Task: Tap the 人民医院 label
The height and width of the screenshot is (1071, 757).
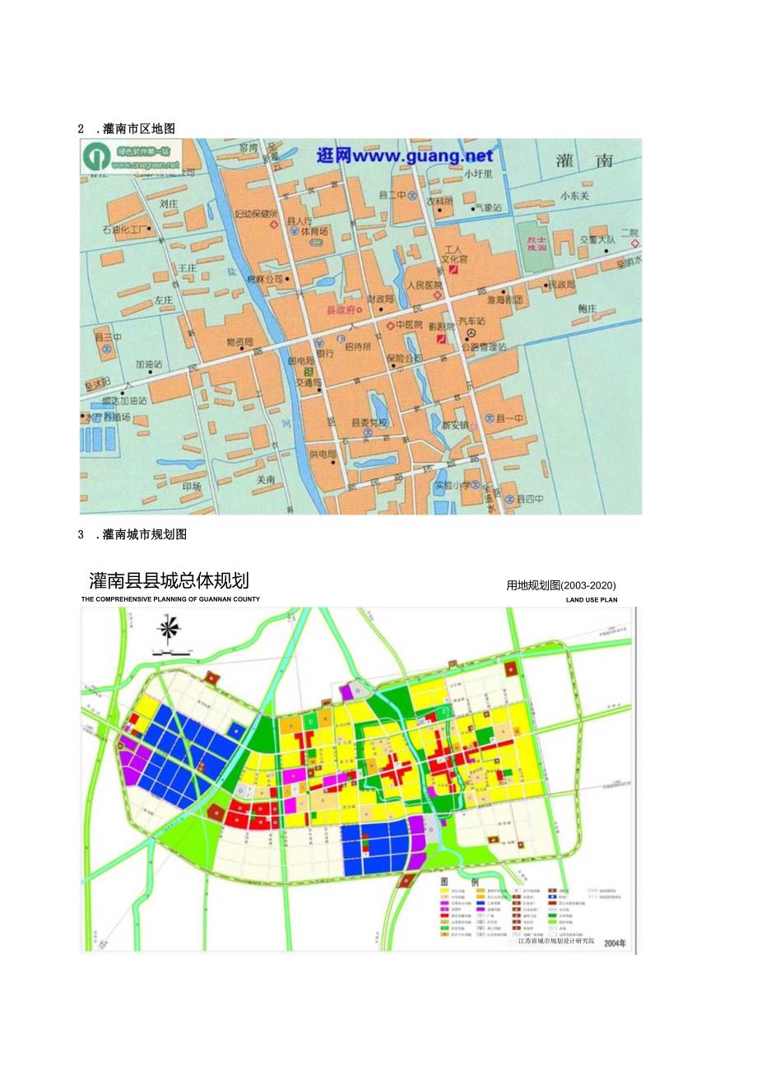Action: (x=425, y=286)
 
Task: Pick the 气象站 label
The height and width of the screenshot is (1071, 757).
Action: (x=488, y=208)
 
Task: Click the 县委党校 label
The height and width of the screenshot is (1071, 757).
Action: (x=369, y=422)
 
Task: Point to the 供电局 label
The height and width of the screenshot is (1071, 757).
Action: (x=323, y=454)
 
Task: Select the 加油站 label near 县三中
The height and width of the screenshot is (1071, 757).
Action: (x=149, y=363)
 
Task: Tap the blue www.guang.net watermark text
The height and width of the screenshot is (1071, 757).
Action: (x=405, y=156)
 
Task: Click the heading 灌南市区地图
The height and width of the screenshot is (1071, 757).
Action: (x=138, y=128)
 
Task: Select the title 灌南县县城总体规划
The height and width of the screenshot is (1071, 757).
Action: (x=169, y=580)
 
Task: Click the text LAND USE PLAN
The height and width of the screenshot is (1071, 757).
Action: (x=591, y=600)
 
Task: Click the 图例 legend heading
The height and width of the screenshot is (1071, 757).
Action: (x=456, y=882)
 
